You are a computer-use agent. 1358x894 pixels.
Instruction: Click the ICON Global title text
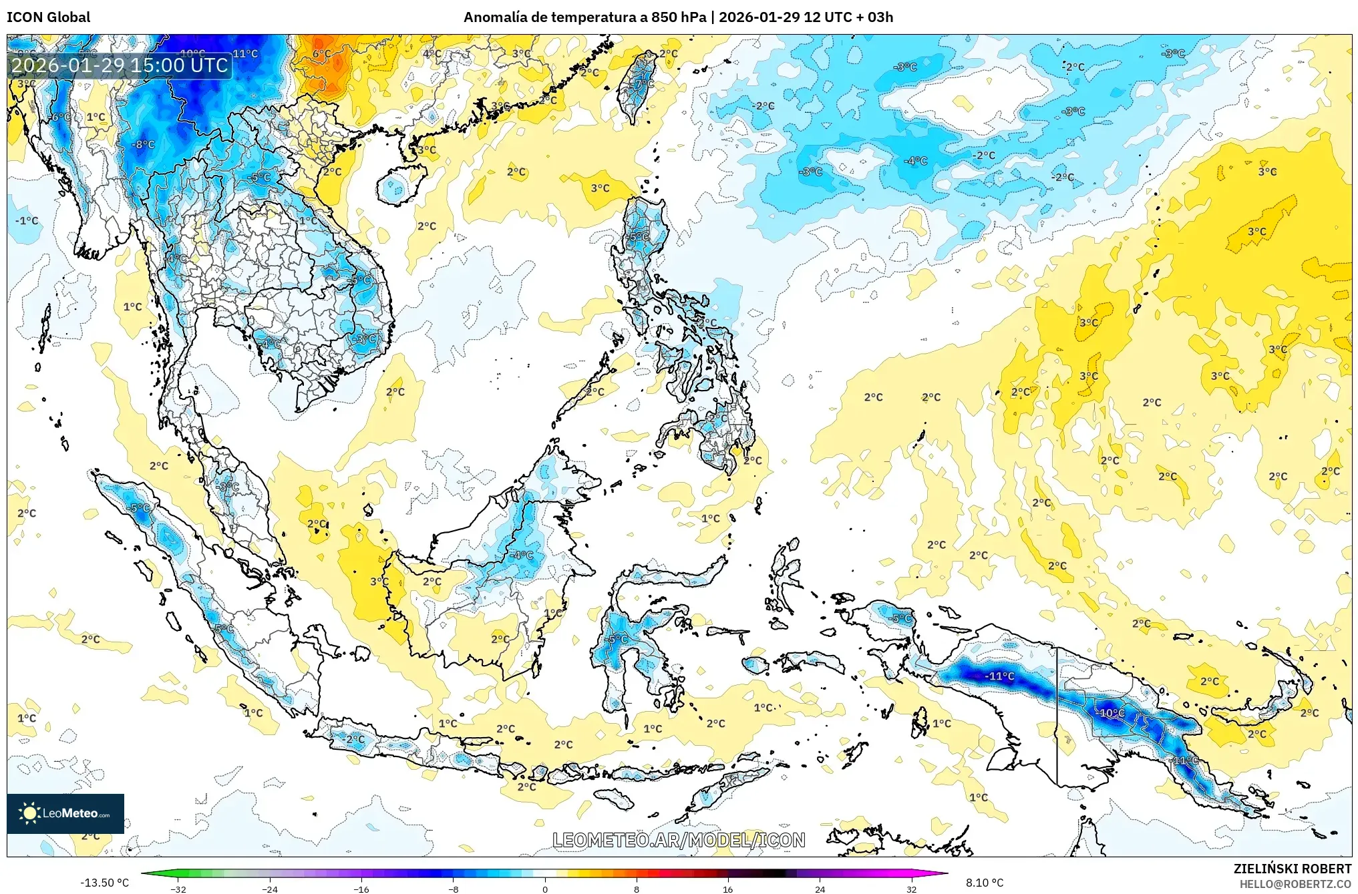[x=48, y=17]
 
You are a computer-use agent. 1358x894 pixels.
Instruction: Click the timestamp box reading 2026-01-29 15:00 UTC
[x=120, y=65]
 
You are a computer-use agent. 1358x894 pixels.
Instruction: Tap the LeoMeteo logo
[x=65, y=813]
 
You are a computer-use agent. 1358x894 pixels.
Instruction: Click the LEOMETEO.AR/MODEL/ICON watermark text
[x=679, y=840]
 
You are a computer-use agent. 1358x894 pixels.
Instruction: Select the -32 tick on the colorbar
[x=178, y=889]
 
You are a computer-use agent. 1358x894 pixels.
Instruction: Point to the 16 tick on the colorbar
[x=727, y=889]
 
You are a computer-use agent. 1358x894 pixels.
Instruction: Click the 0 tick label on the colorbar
[x=545, y=889]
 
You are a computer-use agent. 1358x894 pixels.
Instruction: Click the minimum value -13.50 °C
[x=105, y=883]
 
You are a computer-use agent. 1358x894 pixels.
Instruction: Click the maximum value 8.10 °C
[x=985, y=883]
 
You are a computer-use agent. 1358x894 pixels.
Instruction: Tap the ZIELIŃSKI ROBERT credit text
[x=1292, y=869]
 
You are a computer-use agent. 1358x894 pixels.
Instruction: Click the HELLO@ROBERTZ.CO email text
[x=1295, y=884]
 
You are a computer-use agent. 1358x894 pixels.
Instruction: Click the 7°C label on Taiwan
[x=643, y=84]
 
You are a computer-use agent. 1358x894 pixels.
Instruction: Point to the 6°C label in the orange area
[x=322, y=54]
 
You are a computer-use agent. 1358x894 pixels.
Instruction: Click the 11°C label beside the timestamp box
[x=245, y=54]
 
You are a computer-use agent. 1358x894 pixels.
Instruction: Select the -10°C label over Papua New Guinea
[x=1110, y=712]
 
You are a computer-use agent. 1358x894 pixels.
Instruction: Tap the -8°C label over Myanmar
[x=143, y=144]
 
